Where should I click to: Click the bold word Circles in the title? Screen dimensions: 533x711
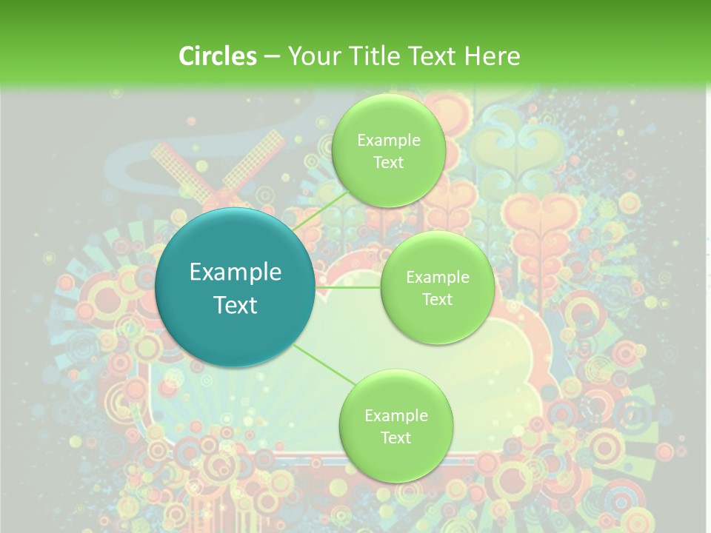pos(217,56)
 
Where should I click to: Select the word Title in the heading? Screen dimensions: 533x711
pos(370,56)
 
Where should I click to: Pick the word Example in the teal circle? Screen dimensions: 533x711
pos(236,272)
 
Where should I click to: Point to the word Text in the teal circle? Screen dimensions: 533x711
pos(236,305)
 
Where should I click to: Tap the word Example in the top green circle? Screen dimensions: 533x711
pos(389,141)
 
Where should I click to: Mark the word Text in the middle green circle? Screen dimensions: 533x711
pos(437,299)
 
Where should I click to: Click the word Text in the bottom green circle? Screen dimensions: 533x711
pos(395,438)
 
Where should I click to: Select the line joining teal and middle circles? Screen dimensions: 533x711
pos(348,287)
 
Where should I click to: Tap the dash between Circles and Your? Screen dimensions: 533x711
pos(272,56)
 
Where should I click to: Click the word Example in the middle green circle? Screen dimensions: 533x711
pos(437,278)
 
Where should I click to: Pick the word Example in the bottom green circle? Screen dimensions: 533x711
pos(395,416)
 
